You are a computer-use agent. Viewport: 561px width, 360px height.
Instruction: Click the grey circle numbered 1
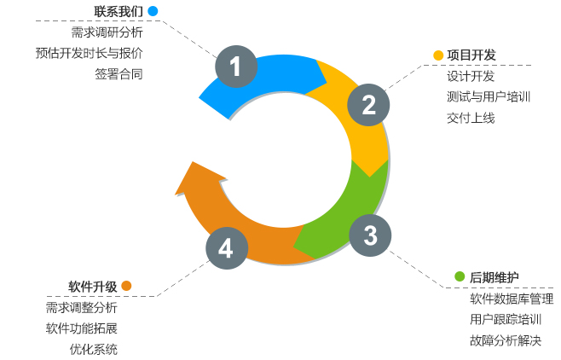(235, 66)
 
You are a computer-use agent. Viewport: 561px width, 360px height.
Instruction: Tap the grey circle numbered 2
(368, 104)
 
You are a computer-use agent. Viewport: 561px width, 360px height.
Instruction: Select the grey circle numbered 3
(370, 235)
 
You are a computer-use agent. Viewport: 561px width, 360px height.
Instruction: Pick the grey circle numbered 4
(226, 248)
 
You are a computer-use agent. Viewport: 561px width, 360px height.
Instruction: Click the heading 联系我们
(118, 11)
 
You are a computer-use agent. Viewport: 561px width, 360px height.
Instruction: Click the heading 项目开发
(472, 55)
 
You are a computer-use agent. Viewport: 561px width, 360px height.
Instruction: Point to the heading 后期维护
(494, 277)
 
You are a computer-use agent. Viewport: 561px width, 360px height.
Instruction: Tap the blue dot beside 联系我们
(153, 11)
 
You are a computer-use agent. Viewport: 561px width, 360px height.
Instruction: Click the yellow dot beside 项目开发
(438, 55)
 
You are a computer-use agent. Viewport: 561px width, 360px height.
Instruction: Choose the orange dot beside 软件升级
(126, 286)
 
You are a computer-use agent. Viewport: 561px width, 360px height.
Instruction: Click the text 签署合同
(119, 73)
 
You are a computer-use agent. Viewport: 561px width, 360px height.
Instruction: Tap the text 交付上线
(470, 118)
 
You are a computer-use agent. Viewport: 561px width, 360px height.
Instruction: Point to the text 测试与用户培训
(488, 96)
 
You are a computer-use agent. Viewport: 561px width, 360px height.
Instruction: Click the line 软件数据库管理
(512, 299)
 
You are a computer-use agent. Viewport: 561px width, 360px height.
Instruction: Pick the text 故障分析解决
(506, 340)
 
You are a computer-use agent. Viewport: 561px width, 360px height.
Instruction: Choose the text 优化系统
(94, 349)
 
